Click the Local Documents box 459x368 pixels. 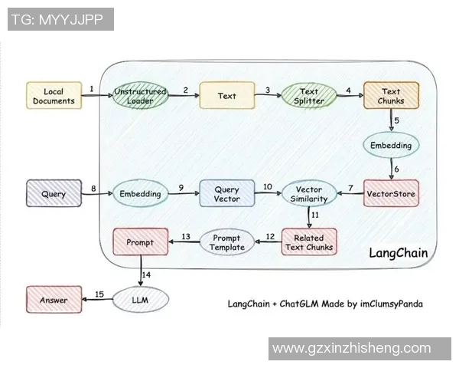(54, 96)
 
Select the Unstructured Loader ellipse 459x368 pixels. (140, 96)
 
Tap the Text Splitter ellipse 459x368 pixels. (309, 97)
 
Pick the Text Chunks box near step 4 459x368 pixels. (391, 97)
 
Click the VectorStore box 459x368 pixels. (392, 194)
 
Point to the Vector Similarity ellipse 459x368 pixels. (310, 194)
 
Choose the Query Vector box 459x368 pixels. (226, 194)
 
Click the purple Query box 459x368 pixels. (54, 194)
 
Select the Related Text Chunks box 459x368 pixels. (309, 242)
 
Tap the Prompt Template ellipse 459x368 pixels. (228, 242)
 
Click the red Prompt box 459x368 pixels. (140, 242)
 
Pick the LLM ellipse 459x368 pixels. (140, 300)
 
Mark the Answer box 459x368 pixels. (54, 300)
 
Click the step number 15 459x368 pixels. (99, 294)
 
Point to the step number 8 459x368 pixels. (93, 188)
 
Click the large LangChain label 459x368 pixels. (398, 253)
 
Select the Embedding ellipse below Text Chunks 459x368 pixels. (392, 145)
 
